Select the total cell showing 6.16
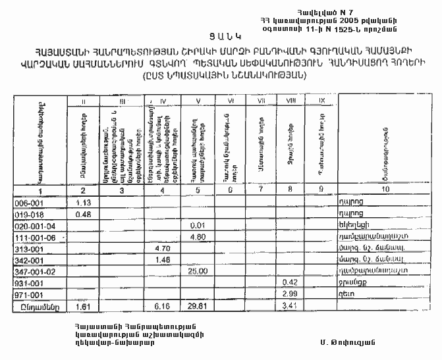(x=161, y=307)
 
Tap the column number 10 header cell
(x=384, y=190)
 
